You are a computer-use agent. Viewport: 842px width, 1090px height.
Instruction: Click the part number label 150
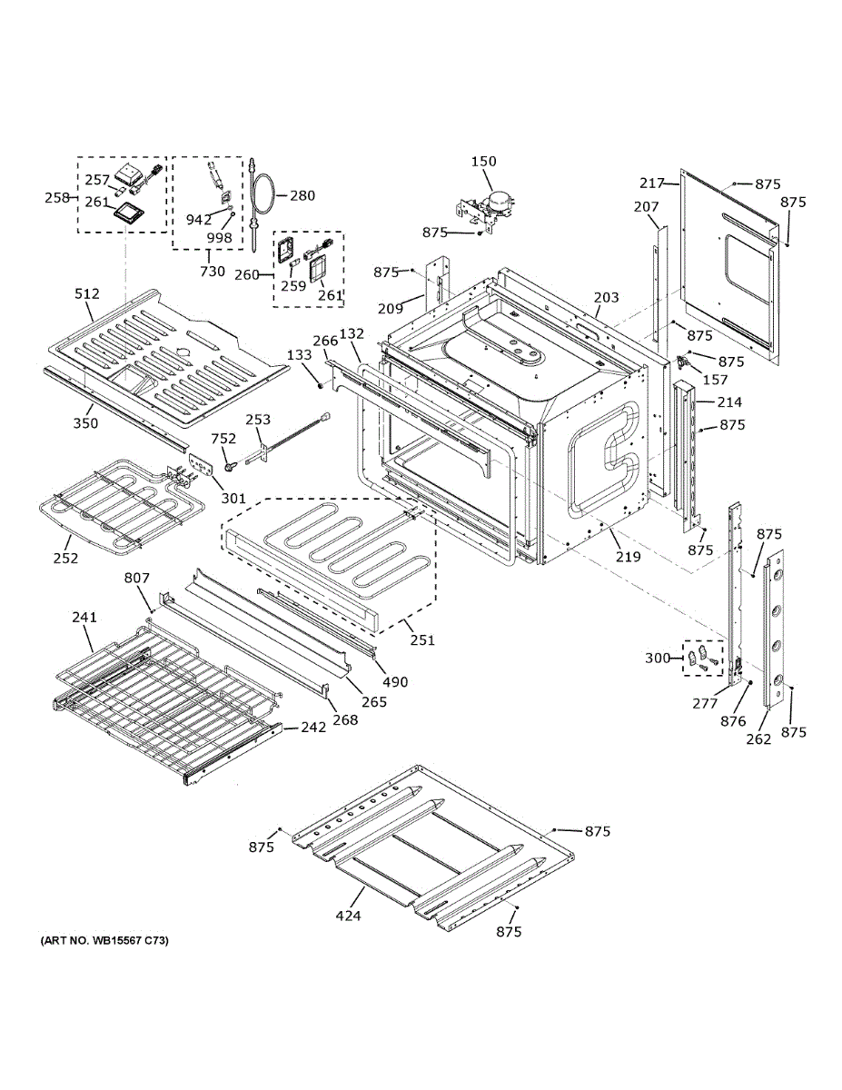click(484, 162)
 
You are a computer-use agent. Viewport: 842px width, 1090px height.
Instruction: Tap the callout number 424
click(348, 916)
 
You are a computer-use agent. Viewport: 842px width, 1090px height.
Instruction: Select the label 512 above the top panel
click(87, 293)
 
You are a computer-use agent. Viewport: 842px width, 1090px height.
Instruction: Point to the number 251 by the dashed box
click(422, 639)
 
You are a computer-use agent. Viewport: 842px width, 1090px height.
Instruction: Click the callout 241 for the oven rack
click(84, 618)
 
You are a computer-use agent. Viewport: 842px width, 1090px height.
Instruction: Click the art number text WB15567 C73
click(104, 940)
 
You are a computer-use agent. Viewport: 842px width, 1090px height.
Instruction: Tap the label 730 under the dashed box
click(212, 272)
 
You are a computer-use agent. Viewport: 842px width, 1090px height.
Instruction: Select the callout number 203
click(606, 297)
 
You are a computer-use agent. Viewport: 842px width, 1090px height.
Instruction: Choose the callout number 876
click(733, 721)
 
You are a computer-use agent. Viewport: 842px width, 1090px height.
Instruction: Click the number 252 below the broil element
click(65, 558)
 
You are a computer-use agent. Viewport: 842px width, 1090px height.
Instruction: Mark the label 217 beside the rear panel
click(652, 183)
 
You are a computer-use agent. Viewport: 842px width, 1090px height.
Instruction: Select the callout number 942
click(199, 220)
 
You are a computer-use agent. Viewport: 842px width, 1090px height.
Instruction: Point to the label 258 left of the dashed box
click(57, 197)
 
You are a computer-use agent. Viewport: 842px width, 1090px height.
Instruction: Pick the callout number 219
click(629, 556)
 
